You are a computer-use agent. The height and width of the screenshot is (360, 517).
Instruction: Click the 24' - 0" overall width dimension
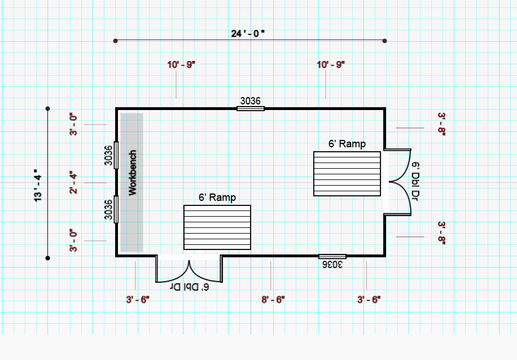pyautogui.click(x=248, y=34)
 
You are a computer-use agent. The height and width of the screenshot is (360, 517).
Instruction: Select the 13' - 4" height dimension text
pyautogui.click(x=38, y=186)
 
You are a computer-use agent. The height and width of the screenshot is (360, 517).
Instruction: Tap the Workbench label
pyautogui.click(x=132, y=173)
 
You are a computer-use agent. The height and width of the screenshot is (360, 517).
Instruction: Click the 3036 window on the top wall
pyautogui.click(x=251, y=108)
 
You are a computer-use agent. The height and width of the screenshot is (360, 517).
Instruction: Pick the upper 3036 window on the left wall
pyautogui.click(x=116, y=155)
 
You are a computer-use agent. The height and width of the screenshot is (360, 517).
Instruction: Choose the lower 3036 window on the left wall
pyautogui.click(x=116, y=209)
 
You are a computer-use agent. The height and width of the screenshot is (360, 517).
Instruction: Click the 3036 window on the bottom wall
pyautogui.click(x=332, y=257)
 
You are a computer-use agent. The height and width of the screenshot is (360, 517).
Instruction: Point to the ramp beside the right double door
pyautogui.click(x=347, y=174)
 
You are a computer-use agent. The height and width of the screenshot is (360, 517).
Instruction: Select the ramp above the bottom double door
pyautogui.click(x=217, y=227)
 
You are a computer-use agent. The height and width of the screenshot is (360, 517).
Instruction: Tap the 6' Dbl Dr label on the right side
pyautogui.click(x=415, y=181)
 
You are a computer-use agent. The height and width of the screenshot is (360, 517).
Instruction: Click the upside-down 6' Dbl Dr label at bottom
pyautogui.click(x=190, y=287)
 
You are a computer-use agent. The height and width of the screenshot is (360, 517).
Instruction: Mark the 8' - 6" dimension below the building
pyautogui.click(x=273, y=300)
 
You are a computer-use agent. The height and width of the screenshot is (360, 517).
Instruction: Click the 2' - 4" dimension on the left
pyautogui.click(x=73, y=182)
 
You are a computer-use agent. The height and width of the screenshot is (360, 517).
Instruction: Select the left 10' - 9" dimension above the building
pyautogui.click(x=181, y=65)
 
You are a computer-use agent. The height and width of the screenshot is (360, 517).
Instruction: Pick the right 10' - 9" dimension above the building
pyautogui.click(x=331, y=65)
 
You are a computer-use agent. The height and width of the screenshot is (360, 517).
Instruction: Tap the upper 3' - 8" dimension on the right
pyautogui.click(x=442, y=124)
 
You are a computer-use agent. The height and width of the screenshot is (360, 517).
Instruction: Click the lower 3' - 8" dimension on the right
pyautogui.click(x=442, y=233)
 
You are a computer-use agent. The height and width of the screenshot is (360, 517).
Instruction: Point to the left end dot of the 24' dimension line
pyautogui.click(x=115, y=41)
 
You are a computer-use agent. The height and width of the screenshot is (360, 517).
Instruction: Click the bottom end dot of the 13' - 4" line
pyautogui.click(x=48, y=258)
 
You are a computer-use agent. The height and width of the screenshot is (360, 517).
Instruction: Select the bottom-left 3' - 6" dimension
pyautogui.click(x=138, y=300)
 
